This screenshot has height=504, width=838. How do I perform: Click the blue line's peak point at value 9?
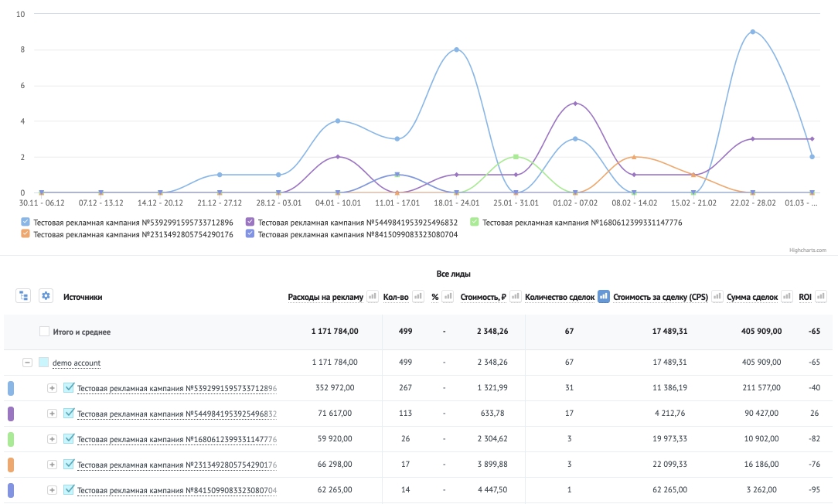pos(752,32)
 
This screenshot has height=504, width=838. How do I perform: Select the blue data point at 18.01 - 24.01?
pos(456,49)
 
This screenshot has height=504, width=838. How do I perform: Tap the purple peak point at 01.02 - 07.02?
pos(575,103)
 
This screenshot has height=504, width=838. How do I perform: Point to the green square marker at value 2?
pos(516,157)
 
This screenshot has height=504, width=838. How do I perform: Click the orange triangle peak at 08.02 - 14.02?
pos(634,157)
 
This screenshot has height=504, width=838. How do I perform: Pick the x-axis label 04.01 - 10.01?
pos(338,203)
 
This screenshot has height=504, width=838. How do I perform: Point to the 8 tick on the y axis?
pos(22,49)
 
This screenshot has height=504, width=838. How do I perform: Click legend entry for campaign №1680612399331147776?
pos(576,223)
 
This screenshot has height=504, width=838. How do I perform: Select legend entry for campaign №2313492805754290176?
pos(128,234)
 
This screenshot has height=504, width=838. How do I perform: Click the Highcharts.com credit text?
pos(808,250)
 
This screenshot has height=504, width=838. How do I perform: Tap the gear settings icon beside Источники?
pos(46,295)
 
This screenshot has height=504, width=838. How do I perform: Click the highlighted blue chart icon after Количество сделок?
pos(604,296)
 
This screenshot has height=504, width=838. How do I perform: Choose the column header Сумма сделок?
pos(752,297)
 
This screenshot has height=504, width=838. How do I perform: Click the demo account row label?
pos(77,363)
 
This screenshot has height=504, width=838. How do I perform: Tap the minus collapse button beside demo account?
pos(27,363)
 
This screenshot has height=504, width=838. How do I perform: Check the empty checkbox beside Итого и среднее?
pos(44,332)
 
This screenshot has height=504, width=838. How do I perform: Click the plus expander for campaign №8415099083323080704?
pos(52,490)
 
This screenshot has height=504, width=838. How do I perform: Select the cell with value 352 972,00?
pos(335,387)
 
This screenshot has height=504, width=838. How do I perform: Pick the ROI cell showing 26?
pos(814,413)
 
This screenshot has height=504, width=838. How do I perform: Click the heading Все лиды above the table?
pos(453,274)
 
